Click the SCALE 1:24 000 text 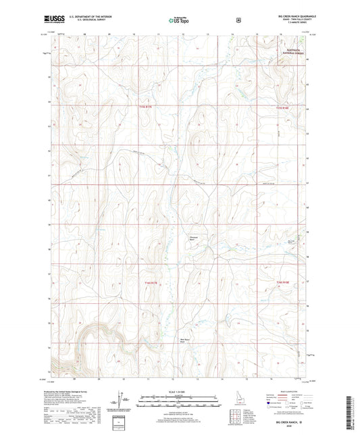[x=180, y=392]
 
